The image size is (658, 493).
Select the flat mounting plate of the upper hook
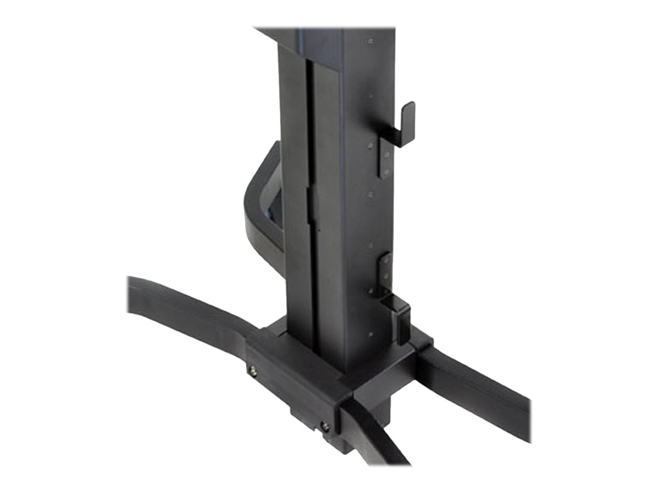[385, 156]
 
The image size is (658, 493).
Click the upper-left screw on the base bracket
[253, 372]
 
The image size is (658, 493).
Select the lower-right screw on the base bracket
[326, 425]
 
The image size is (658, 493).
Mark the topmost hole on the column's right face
[370, 41]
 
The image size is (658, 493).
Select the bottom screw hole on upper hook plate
[387, 171]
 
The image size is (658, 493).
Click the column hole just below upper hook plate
[371, 194]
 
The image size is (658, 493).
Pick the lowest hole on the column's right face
[371, 333]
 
